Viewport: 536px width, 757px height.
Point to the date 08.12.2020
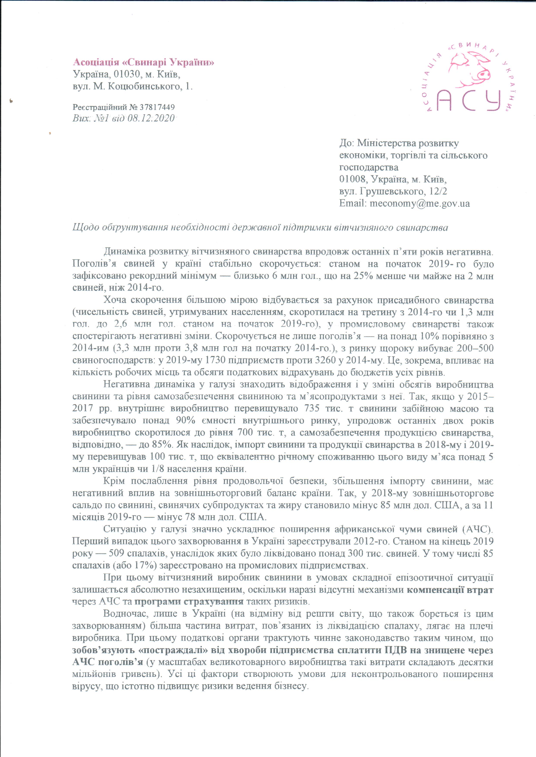point(155,118)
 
